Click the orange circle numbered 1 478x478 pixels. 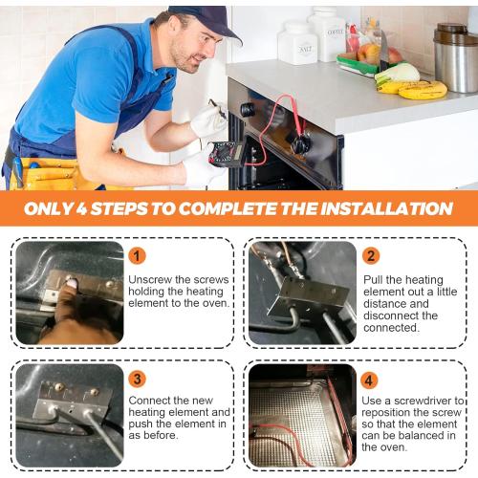pos(137,256)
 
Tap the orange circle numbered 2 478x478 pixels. pos(371,256)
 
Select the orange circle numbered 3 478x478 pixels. pos(138,380)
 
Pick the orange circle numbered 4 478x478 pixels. pos(369,380)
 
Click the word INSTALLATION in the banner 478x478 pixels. pos(386,208)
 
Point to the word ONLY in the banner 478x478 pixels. pos(49,208)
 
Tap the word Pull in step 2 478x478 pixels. pos(373,279)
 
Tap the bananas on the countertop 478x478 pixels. pos(413,89)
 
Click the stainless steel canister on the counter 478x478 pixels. pos(456,58)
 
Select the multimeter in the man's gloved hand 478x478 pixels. pos(227,154)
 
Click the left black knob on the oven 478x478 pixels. pos(248,110)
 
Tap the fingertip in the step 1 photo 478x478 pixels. pos(71,283)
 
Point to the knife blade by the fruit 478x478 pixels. pos(384,48)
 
